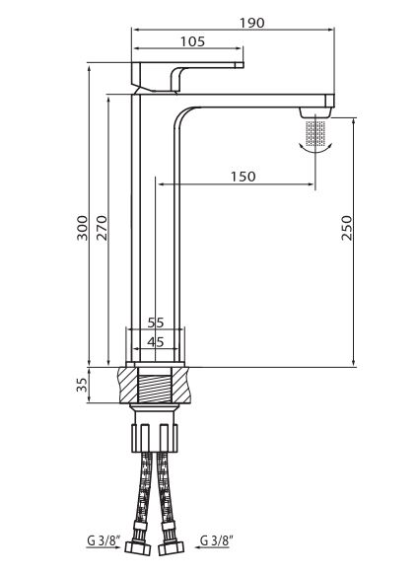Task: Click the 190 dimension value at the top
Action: pos(251,23)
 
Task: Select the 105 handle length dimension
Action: pos(192,41)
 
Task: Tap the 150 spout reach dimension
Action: pos(244,177)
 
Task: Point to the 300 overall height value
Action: pos(83,228)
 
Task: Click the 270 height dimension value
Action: pos(102,228)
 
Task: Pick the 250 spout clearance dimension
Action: pos(346,228)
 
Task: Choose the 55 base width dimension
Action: pos(156,323)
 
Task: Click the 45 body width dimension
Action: pos(156,342)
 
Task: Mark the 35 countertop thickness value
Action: pos(83,385)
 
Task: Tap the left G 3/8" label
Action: pos(100,540)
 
